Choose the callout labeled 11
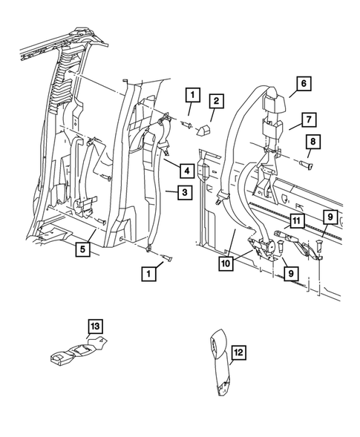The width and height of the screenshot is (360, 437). click(295, 221)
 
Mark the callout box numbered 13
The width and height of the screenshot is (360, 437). click(95, 325)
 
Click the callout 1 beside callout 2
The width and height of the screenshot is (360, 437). click(192, 95)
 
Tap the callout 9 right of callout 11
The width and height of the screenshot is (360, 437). click(329, 217)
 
